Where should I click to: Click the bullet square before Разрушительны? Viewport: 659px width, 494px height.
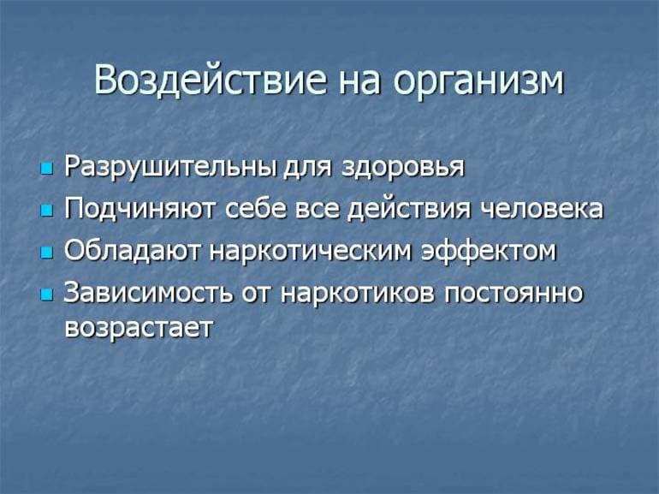point(46,169)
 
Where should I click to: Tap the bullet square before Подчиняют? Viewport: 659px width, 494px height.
point(46,211)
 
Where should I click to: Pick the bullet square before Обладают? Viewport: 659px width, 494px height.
point(46,253)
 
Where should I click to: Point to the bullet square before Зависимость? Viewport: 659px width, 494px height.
point(46,295)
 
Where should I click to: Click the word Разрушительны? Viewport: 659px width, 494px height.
point(170,167)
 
